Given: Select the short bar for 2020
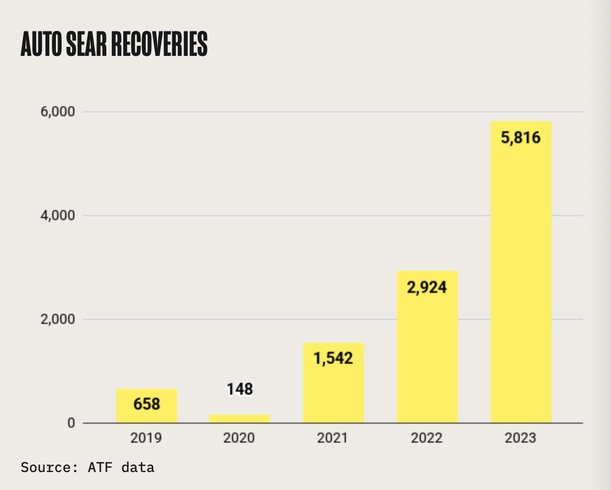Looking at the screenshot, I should (x=240, y=419).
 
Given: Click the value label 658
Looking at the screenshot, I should (x=147, y=404).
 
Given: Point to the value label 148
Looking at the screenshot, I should (x=240, y=389).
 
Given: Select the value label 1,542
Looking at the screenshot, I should (x=333, y=358).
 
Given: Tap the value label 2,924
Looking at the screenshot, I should (x=427, y=287).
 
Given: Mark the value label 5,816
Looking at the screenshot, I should (x=521, y=137).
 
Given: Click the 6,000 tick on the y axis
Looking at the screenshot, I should (x=57, y=112).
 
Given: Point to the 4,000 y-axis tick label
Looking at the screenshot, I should (x=57, y=216).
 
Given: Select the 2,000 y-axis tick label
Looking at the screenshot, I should (x=57, y=319).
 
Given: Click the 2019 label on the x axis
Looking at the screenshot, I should (x=146, y=438).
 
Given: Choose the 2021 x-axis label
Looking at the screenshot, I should (x=333, y=438).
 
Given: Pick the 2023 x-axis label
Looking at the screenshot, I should (x=521, y=438).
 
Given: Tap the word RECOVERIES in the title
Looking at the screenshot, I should (x=159, y=44).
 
